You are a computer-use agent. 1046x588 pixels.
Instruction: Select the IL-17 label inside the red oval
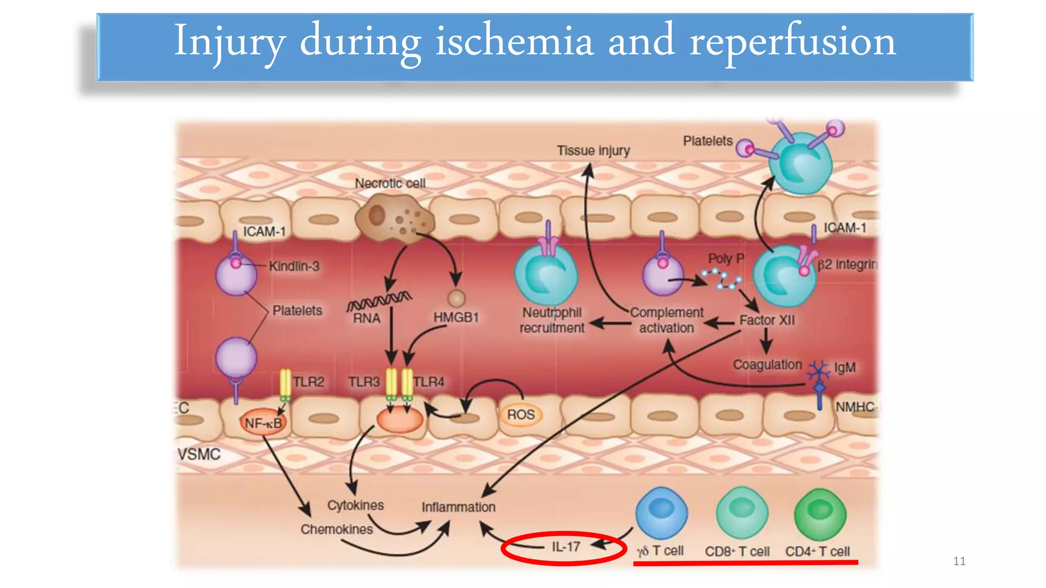pyautogui.click(x=566, y=547)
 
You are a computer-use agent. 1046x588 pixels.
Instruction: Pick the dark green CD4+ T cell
pyautogui.click(x=820, y=513)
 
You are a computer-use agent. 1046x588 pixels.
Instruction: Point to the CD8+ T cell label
pyautogui.click(x=737, y=551)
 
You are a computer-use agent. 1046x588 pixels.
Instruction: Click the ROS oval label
pyautogui.click(x=520, y=414)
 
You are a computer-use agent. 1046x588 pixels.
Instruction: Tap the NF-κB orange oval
pyautogui.click(x=263, y=423)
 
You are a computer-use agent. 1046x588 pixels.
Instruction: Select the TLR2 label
pyautogui.click(x=308, y=382)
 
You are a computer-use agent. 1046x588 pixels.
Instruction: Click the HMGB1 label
pyautogui.click(x=456, y=317)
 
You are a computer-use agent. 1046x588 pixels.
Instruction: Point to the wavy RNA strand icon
pyautogui.click(x=379, y=301)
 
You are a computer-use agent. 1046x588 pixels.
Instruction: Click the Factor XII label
pyautogui.click(x=767, y=320)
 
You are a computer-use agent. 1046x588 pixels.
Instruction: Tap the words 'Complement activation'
pyautogui.click(x=667, y=320)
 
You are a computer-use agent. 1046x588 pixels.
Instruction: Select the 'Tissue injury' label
pyautogui.click(x=593, y=151)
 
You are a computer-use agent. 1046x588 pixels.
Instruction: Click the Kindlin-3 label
pyautogui.click(x=294, y=266)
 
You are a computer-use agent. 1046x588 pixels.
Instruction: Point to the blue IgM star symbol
pyautogui.click(x=818, y=370)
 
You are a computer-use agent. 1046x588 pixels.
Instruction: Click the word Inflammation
pyautogui.click(x=458, y=507)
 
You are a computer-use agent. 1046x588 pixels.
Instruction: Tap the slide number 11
pyautogui.click(x=959, y=561)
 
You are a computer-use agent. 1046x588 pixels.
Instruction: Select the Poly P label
pyautogui.click(x=726, y=258)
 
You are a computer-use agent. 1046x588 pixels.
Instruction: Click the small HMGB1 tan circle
pyautogui.click(x=456, y=298)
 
